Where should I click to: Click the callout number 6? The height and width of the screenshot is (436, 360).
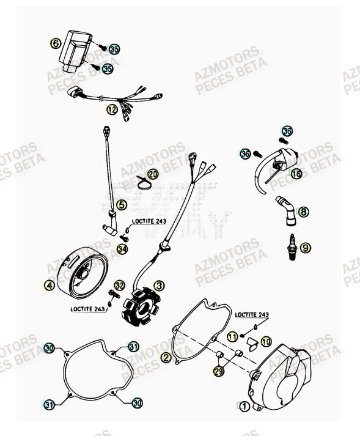[55, 43]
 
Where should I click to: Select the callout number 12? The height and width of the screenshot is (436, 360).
[111, 110]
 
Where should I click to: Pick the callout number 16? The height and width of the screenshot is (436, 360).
[296, 174]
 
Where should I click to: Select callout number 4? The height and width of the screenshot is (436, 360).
[49, 285]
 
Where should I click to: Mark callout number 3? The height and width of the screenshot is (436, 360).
[158, 286]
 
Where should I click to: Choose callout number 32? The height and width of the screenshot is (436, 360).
[119, 286]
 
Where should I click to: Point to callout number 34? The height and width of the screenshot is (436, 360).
[122, 249]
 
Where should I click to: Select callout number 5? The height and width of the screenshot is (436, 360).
[122, 205]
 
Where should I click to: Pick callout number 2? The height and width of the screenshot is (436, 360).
[165, 357]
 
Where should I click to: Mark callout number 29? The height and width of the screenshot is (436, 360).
[218, 371]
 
